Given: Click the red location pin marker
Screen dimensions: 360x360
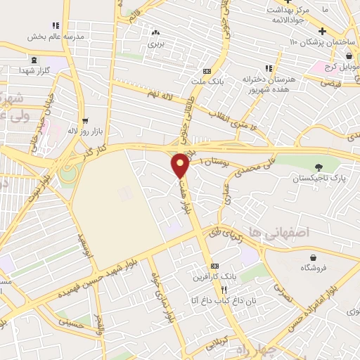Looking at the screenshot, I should point(181,166).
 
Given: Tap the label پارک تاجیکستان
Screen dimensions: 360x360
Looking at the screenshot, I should point(320,179).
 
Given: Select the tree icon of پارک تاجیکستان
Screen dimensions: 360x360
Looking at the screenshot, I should point(320,167).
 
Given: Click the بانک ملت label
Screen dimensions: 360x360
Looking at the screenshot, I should point(205,82).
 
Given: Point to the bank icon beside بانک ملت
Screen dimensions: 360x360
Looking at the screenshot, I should point(206,71).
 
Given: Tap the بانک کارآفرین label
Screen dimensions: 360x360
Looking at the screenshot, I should point(214,277).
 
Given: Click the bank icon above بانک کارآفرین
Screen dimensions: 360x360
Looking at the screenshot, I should point(214,266).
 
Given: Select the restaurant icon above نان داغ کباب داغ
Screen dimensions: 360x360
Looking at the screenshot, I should point(224,290).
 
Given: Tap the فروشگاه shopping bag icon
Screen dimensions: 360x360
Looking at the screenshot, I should point(310,257).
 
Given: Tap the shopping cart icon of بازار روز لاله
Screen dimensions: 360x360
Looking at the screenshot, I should point(85,120).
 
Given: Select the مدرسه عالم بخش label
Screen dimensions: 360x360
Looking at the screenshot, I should point(56,35).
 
